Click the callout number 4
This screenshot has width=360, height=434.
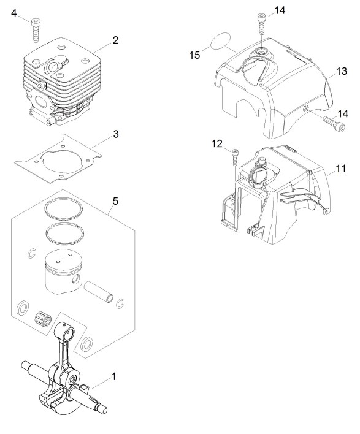coord(14,13)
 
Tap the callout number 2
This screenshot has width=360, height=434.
coord(115,40)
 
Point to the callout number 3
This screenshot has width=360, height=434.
coord(116,134)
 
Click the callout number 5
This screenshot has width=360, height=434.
coord(115,201)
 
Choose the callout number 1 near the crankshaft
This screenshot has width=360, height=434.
coord(113,377)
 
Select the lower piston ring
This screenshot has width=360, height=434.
coord(66,233)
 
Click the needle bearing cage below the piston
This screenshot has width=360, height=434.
coord(44,319)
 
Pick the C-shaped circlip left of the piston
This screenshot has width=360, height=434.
coord(32,253)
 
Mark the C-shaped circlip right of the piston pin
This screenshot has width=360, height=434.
coord(120,303)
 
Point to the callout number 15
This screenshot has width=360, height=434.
coord(194,55)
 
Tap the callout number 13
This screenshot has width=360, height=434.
coord(342,71)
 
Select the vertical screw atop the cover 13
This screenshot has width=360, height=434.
coord(261,24)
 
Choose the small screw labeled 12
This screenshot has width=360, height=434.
coord(234,157)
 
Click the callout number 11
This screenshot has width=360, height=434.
coord(341,169)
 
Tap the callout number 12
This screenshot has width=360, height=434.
coord(217,143)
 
